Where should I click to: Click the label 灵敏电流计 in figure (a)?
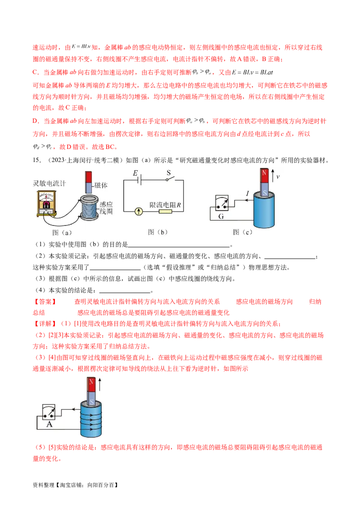coord(49,183)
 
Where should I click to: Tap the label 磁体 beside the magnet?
coord(101,185)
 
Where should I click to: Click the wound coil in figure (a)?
coord(89,208)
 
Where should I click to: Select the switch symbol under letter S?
coord(170,179)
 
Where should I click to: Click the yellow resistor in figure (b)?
coord(165,212)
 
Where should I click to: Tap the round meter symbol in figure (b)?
coord(139,212)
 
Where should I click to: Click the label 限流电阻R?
coord(165,205)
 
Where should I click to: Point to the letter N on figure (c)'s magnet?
coord(264,173)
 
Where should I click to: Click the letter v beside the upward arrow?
coord(278,177)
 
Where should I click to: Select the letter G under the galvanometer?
coord(221,217)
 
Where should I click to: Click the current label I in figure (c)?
coord(247,193)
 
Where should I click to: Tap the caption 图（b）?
coord(157,232)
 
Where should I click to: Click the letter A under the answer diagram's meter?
coord(49,424)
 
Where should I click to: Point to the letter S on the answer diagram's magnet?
coord(92,402)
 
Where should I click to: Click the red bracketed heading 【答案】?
coord(45,302)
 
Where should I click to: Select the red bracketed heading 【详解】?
coord(45,324)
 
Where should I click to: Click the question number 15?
coord(37,160)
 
